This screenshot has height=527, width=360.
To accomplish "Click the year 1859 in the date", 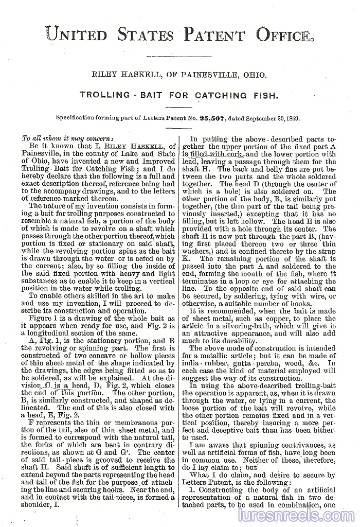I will point(292,118).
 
